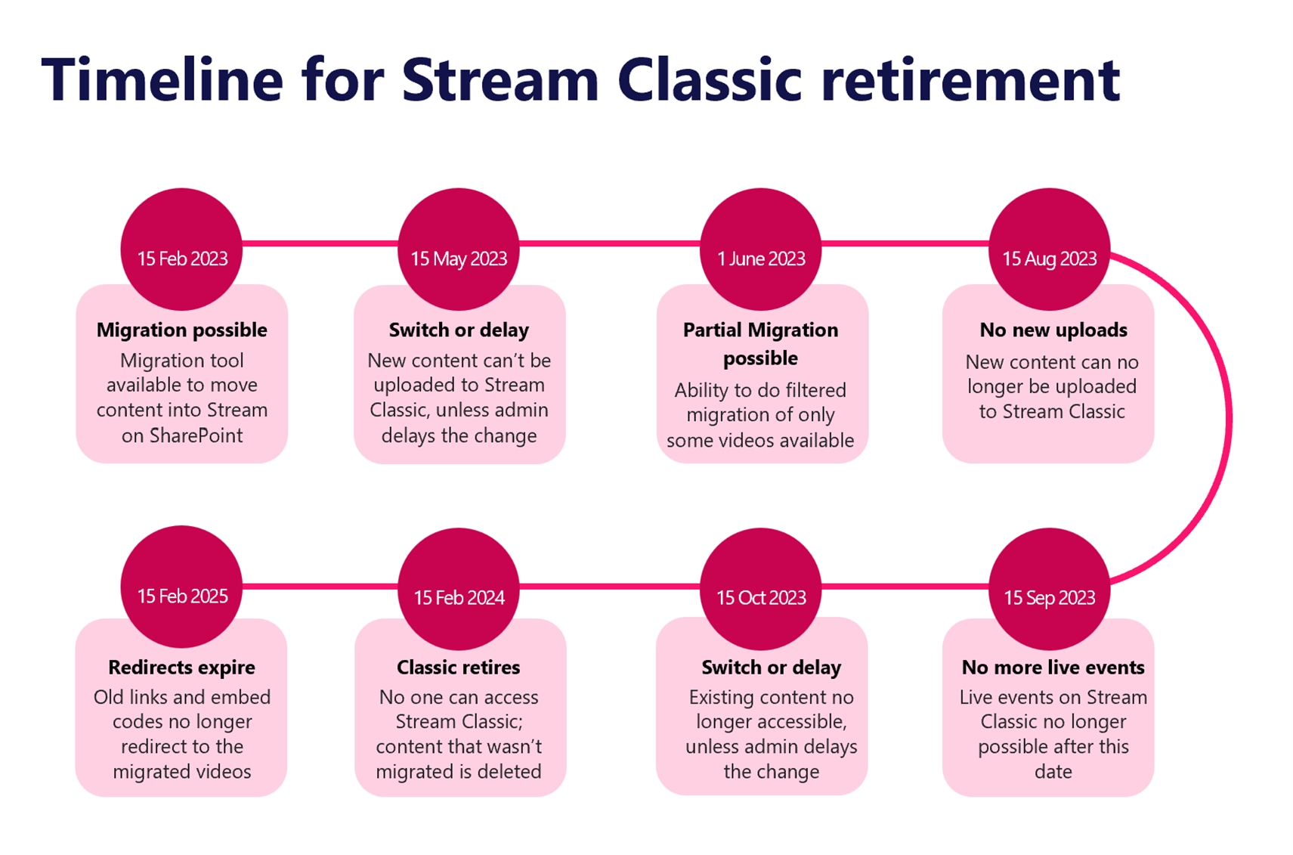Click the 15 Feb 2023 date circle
click(181, 249)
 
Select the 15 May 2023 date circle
click(458, 249)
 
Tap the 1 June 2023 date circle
click(760, 249)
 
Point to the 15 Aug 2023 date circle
click(1049, 249)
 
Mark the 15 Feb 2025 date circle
click(181, 587)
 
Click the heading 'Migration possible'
click(181, 330)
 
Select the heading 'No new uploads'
click(1053, 330)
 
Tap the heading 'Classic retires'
click(458, 668)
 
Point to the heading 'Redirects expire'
click(181, 668)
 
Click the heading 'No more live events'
click(1053, 668)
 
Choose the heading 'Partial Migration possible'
click(760, 343)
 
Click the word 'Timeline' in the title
click(162, 79)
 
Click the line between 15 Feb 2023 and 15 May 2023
click(320, 243)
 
